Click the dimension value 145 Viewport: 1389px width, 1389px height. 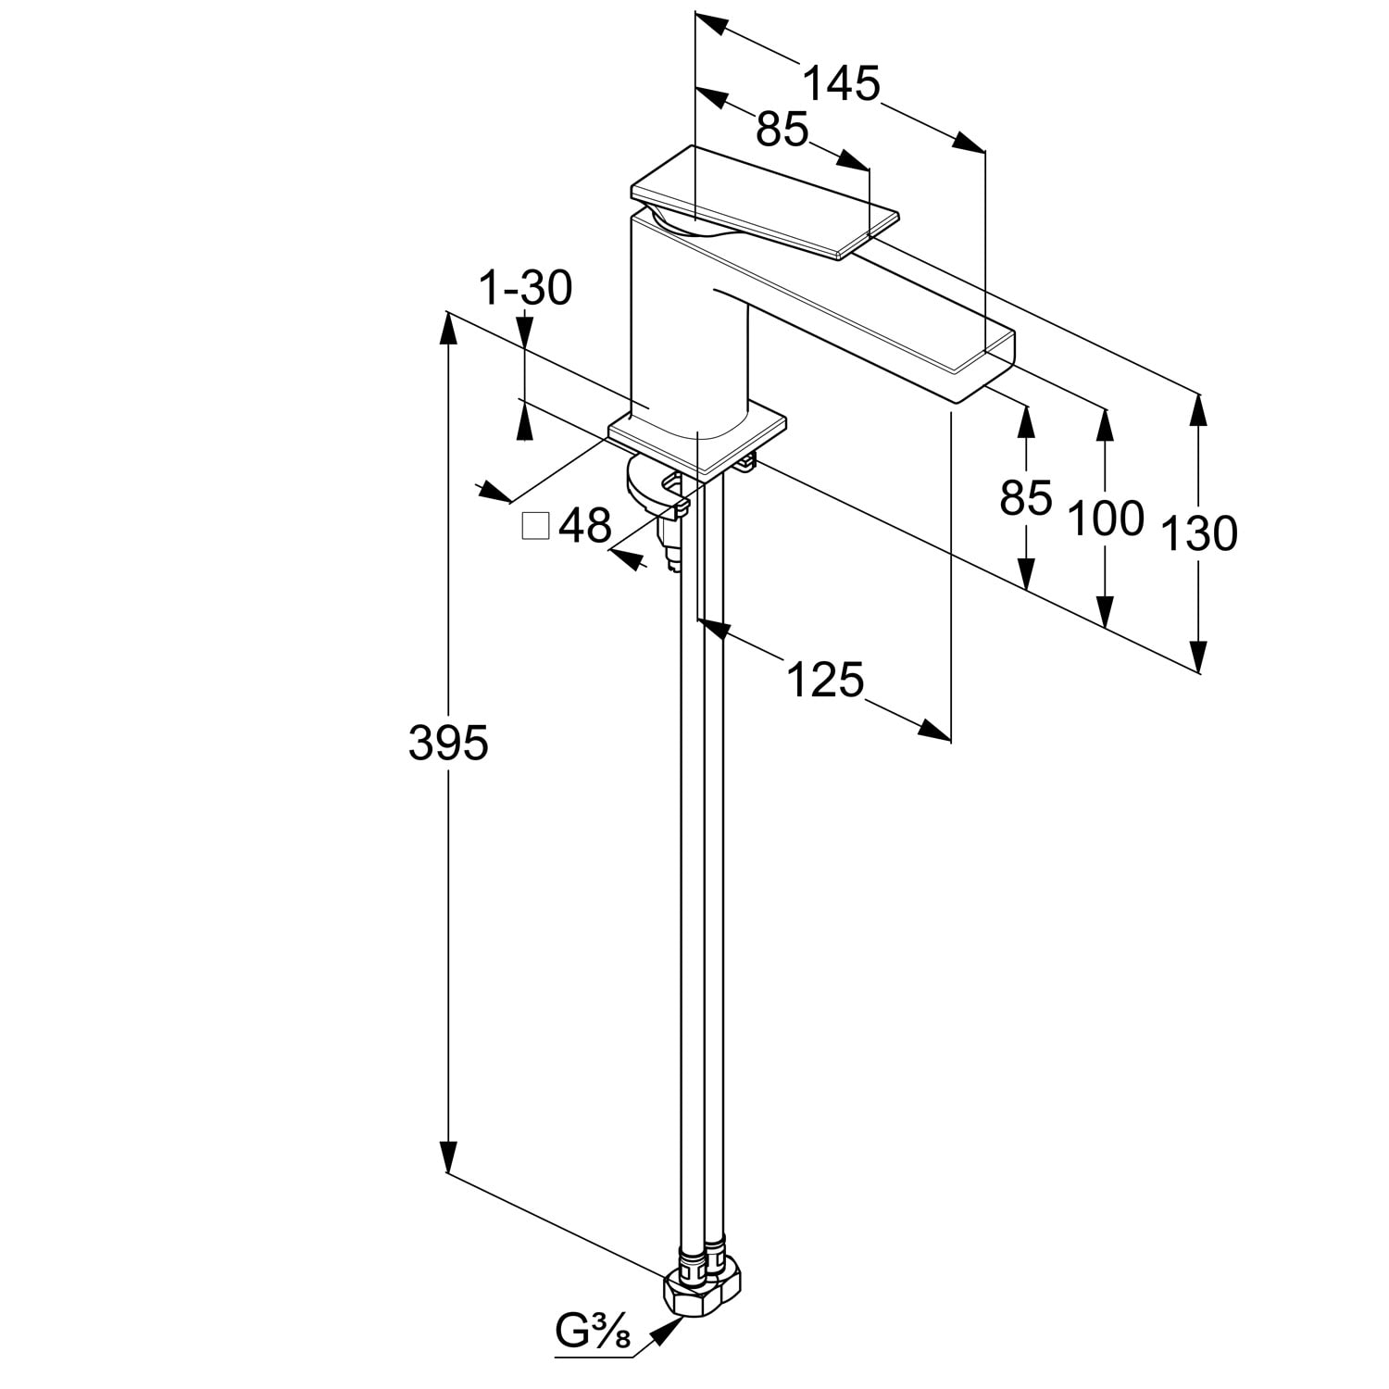tap(841, 84)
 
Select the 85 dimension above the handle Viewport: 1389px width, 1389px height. tap(782, 129)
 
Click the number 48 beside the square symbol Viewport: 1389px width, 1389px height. tap(585, 526)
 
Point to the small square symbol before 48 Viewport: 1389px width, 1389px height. tap(536, 526)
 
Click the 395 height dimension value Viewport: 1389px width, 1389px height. tap(448, 743)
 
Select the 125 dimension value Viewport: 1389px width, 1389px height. tap(825, 680)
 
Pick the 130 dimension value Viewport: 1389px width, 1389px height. tap(1199, 534)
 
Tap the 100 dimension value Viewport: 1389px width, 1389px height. tap(1107, 518)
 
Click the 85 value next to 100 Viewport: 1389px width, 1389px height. tap(1026, 498)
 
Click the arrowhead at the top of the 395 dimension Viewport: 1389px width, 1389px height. tap(448, 330)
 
